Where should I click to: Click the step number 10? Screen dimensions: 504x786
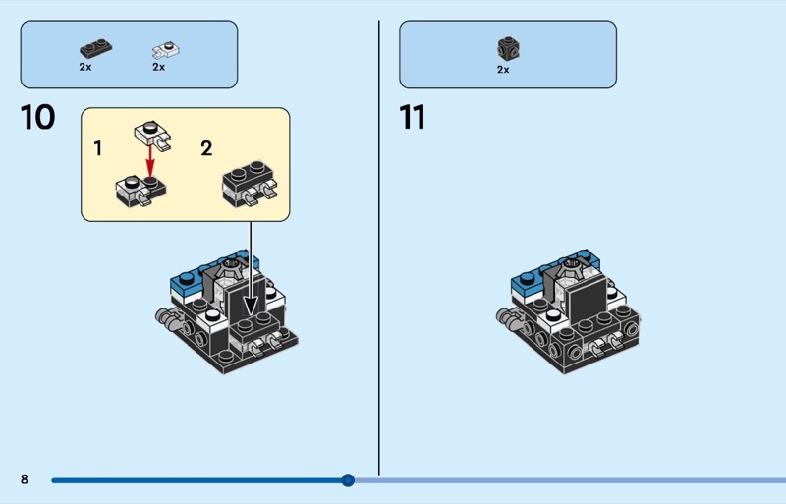[37, 118]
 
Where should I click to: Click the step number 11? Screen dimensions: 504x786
[413, 118]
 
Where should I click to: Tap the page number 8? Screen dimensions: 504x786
[25, 479]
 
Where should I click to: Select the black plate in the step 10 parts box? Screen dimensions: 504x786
[95, 47]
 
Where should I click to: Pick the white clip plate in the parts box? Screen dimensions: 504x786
[165, 48]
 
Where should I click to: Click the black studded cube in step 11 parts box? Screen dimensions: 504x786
[507, 48]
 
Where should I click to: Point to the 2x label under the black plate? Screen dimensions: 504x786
[85, 68]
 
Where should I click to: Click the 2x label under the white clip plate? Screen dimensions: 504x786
[158, 68]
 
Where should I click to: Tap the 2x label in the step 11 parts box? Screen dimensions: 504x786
[503, 70]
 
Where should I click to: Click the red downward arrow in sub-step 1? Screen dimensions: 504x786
[150, 158]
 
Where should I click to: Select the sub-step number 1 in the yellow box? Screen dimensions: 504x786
[97, 149]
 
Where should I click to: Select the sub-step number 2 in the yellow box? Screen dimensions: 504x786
[206, 149]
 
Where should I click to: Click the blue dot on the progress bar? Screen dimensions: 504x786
[348, 480]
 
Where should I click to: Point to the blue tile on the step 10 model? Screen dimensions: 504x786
[183, 284]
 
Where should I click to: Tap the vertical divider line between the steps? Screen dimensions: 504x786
[379, 246]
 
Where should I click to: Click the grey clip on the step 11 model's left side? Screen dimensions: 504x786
[509, 316]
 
